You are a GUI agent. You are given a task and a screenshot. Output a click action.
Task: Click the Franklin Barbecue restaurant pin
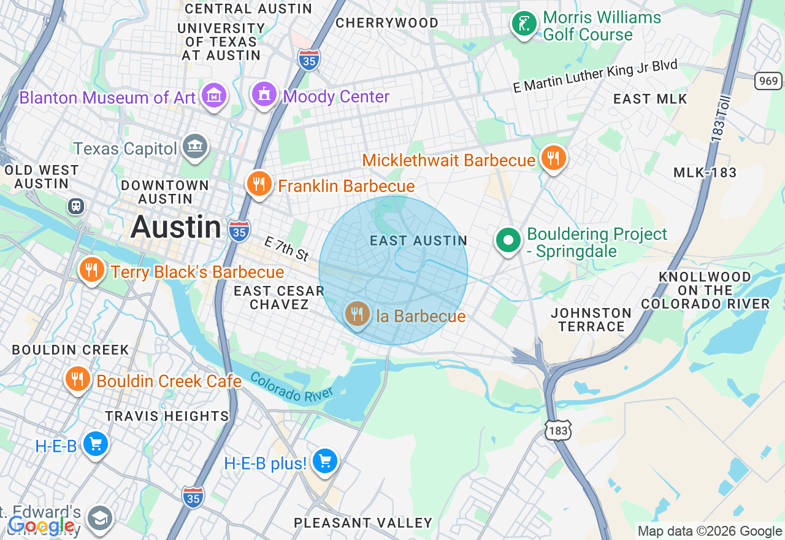259,183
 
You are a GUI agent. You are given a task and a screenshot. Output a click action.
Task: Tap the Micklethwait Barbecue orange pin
553,158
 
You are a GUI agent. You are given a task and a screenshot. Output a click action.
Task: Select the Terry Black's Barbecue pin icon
91,269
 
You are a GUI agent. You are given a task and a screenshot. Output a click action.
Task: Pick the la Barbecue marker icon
357,314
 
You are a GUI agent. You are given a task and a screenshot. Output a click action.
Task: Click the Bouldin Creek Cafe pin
77,379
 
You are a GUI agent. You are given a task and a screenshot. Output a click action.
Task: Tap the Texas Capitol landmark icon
196,146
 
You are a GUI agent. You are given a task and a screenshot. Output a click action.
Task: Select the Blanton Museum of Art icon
215,95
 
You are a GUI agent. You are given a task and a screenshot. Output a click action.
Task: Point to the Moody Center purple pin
264,94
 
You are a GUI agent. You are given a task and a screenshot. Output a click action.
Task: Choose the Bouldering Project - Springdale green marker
508,240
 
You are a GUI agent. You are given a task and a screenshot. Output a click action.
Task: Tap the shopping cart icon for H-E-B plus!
324,461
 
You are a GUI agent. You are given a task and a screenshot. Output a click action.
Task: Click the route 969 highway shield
768,80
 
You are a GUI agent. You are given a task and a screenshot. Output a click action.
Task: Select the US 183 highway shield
558,431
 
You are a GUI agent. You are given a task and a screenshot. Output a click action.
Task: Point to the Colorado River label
291,388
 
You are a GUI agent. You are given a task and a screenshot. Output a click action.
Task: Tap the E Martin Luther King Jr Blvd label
595,76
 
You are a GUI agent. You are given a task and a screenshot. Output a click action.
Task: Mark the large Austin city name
175,227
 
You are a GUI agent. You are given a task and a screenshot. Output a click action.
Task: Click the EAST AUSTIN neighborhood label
419,241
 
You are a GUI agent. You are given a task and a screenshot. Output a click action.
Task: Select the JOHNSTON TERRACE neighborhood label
591,320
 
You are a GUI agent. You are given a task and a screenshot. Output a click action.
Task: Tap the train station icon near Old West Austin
76,206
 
